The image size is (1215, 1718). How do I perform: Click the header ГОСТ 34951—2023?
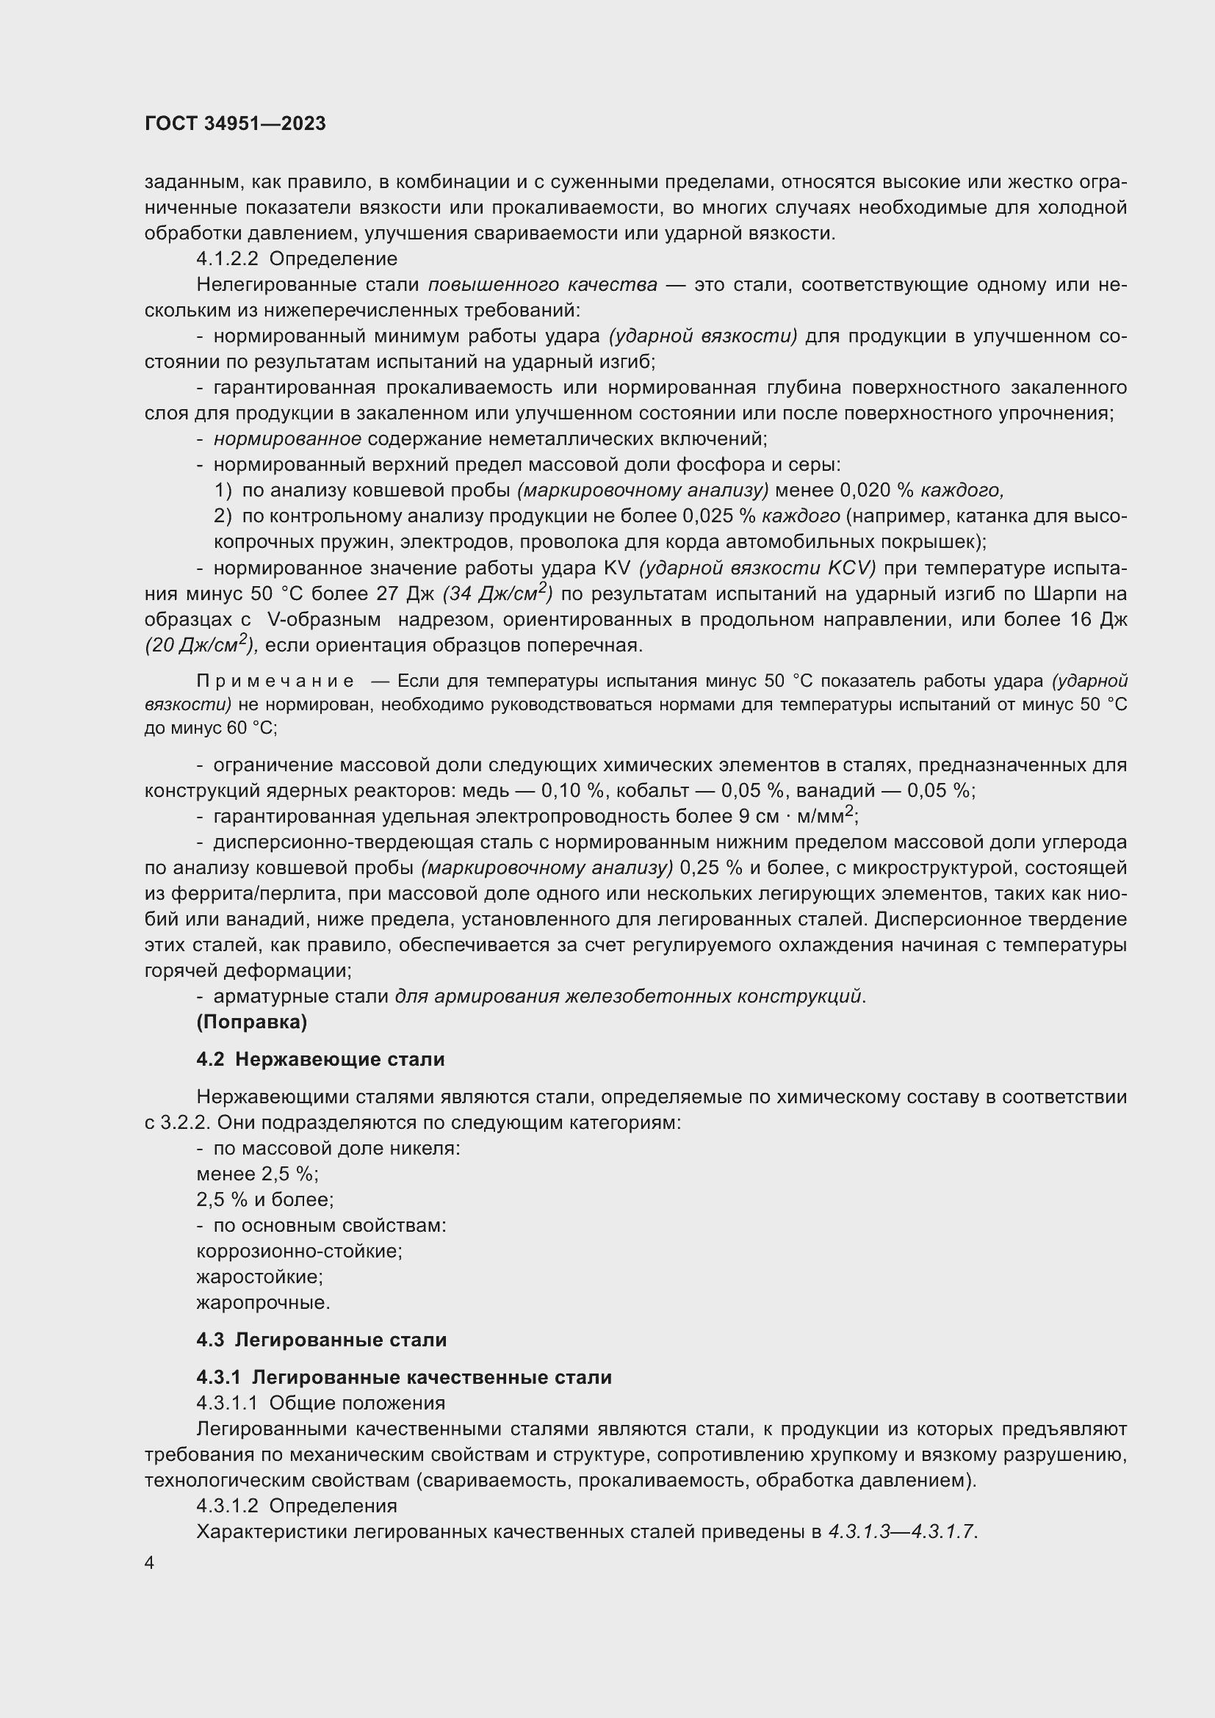tap(235, 123)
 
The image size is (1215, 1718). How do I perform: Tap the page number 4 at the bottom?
tap(150, 1563)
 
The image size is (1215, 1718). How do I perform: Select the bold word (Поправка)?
tap(251, 1022)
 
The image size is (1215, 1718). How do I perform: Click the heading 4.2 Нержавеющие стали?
tap(320, 1060)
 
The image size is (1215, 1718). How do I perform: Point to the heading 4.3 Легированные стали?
tap(321, 1340)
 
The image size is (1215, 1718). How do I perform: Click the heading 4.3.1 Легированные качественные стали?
tap(404, 1377)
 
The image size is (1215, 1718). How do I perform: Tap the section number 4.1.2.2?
tap(228, 259)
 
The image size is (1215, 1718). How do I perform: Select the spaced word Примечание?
tap(275, 681)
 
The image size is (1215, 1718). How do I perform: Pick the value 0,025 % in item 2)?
tap(719, 516)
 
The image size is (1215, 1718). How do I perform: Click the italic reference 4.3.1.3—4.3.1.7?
tap(901, 1531)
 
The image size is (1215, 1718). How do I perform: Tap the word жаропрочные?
tap(262, 1303)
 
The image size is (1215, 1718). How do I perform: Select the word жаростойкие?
tap(259, 1277)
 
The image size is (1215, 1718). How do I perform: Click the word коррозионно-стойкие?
tap(299, 1251)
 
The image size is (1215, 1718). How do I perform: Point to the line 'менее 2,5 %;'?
tap(257, 1174)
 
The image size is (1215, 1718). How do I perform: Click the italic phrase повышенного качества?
tap(542, 285)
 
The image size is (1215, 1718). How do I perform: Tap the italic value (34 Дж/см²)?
tap(497, 593)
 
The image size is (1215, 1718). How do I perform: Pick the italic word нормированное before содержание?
tap(287, 439)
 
